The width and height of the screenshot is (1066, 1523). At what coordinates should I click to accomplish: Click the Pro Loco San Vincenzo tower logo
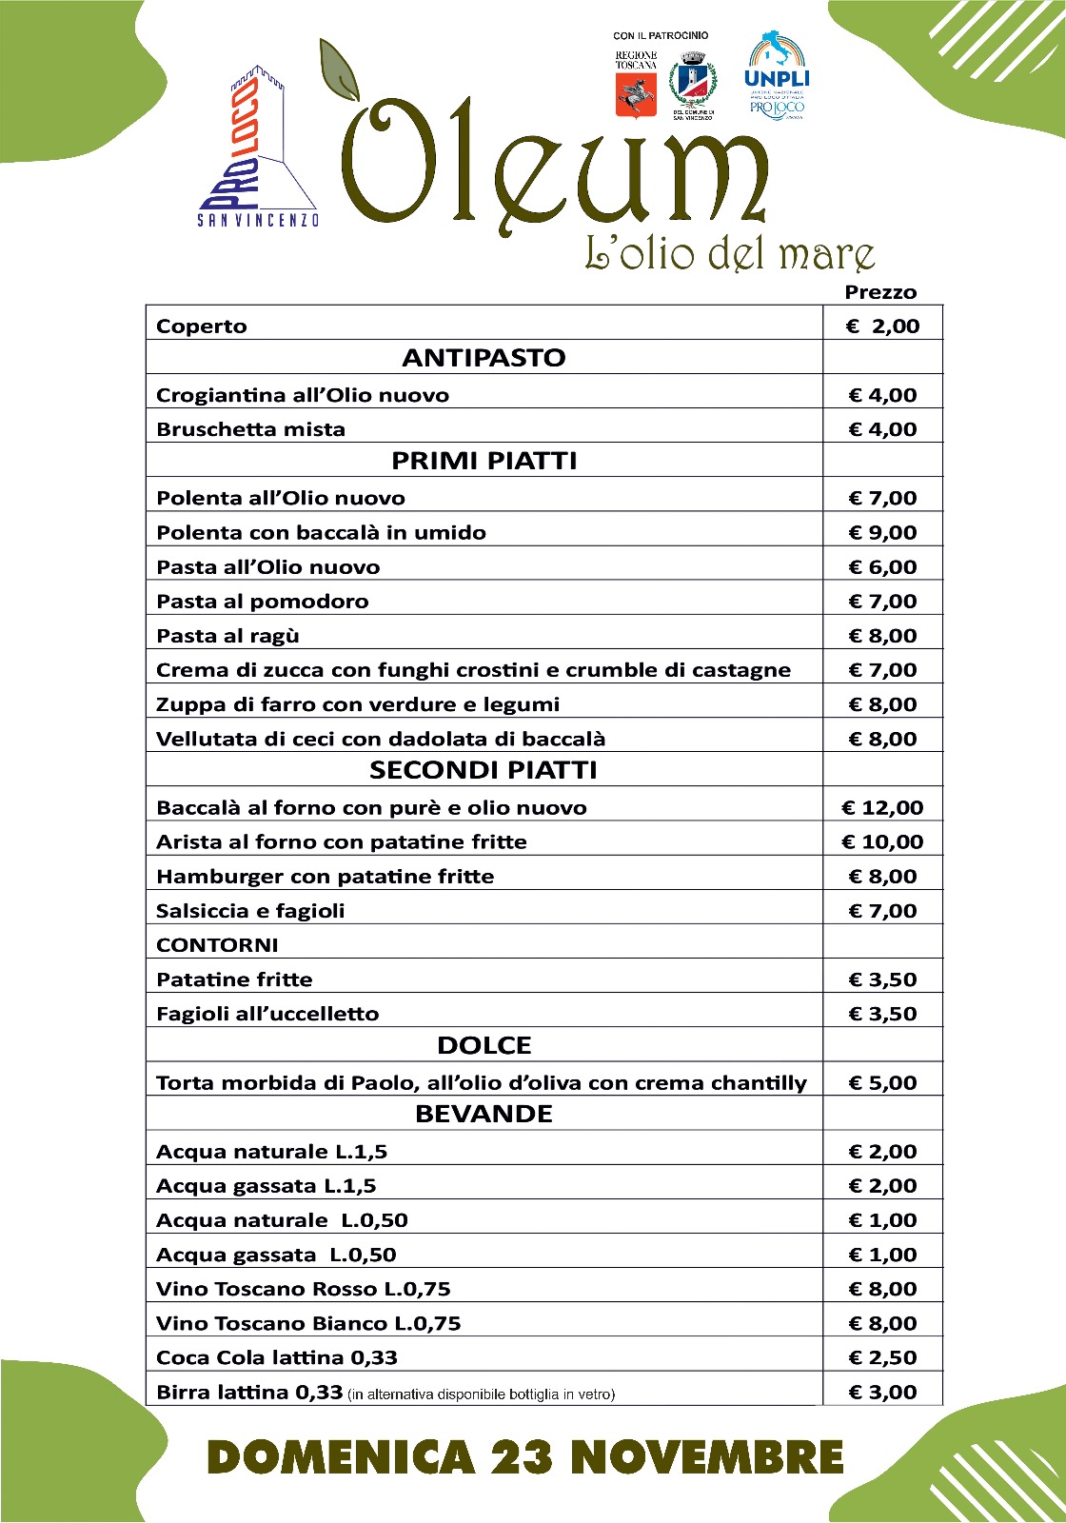click(x=257, y=148)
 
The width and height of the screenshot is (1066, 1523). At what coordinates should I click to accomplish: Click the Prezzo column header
click(x=880, y=292)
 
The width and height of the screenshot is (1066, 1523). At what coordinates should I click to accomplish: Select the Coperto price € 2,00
click(x=882, y=326)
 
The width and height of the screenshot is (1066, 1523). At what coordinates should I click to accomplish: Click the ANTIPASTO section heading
click(x=484, y=358)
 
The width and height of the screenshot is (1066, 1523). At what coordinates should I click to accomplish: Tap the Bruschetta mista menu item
click(x=250, y=429)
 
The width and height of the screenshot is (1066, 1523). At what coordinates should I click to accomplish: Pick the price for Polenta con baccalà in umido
click(x=882, y=533)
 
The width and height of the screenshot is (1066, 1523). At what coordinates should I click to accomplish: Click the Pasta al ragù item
click(x=227, y=636)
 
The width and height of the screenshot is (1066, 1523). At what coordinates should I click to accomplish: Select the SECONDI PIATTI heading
click(x=484, y=770)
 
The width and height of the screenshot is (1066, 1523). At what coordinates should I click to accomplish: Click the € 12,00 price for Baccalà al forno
click(x=882, y=808)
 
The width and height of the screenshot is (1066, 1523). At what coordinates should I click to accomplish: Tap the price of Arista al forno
click(x=882, y=842)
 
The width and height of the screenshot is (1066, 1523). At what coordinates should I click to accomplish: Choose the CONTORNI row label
click(x=217, y=945)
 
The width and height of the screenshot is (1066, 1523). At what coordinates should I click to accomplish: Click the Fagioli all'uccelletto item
click(x=267, y=1014)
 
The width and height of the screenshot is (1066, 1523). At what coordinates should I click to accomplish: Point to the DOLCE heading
click(x=484, y=1045)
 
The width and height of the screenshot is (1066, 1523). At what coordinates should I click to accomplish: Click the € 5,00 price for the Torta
click(x=882, y=1083)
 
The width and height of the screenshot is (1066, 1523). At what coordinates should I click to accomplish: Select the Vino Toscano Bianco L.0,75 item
click(x=308, y=1324)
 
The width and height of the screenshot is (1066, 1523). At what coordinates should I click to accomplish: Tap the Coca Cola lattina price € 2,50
click(x=882, y=1358)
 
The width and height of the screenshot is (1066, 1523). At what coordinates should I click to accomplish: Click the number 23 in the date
click(x=523, y=1457)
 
